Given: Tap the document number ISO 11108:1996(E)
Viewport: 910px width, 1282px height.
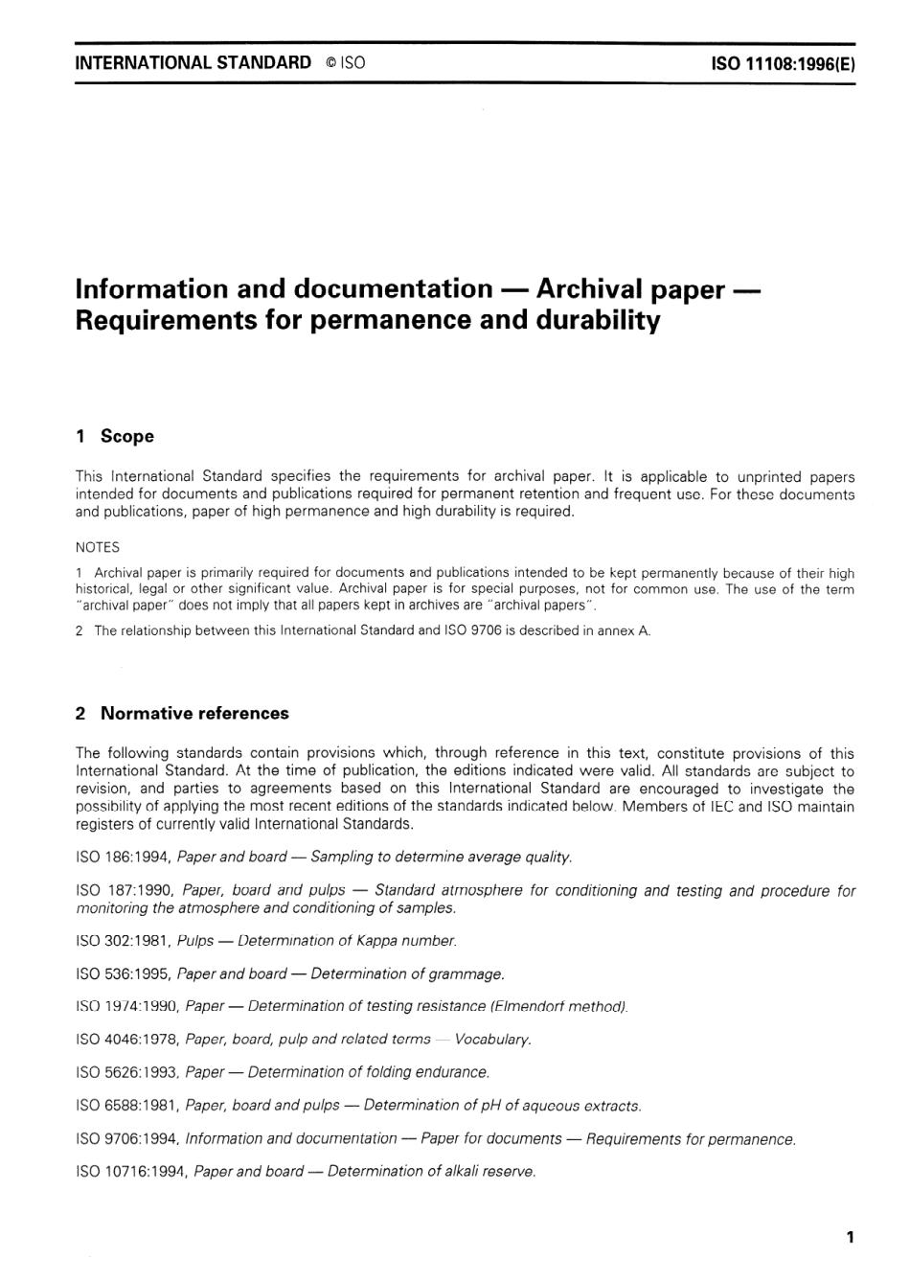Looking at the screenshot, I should click(783, 64).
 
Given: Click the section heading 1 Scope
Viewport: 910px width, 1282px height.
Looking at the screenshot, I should click(114, 436).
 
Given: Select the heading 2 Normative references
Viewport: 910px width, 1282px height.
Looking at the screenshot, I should click(181, 713).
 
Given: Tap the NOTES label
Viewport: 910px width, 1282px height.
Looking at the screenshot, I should click(97, 547).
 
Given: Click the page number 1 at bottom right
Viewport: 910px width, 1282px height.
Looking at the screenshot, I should click(850, 1237).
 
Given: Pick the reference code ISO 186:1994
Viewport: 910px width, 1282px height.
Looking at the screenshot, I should click(123, 857).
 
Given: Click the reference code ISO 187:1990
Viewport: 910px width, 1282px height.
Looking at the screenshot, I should click(125, 890).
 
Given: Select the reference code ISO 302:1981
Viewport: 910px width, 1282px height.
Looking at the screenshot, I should click(123, 941).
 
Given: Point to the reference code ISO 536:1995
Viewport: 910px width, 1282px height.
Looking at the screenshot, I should click(123, 973).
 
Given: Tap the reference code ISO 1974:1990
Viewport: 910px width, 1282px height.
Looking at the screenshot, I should click(126, 1006).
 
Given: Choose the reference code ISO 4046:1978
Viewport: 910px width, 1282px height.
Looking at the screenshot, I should click(126, 1039).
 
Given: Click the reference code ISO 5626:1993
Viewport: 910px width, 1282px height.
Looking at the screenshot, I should click(126, 1072).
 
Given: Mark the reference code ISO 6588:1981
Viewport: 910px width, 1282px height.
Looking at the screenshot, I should click(126, 1106).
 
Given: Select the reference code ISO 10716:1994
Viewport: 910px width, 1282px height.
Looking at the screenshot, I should click(130, 1171).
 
